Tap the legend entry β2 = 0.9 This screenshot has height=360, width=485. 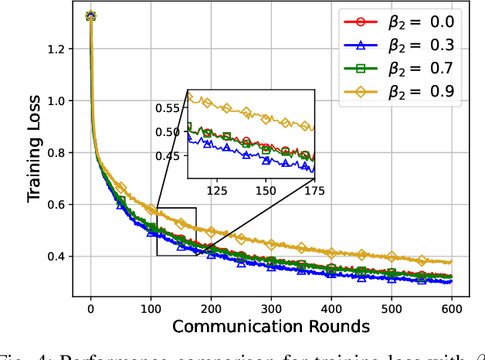[x=414, y=93]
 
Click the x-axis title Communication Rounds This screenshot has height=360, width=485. [x=270, y=326]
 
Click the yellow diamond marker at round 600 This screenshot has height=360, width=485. [x=450, y=263]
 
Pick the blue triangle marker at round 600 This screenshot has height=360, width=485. [x=450, y=281]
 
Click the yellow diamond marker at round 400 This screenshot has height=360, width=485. [x=331, y=253]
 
